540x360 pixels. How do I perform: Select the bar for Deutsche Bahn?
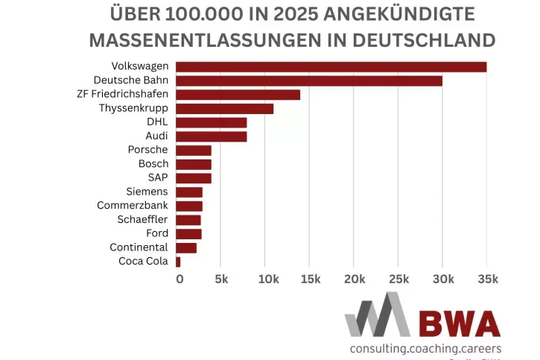[x=309, y=80]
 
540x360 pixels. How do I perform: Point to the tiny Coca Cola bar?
[x=178, y=262]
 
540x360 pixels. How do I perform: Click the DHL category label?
[x=157, y=122]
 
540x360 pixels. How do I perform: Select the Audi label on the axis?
[x=156, y=136]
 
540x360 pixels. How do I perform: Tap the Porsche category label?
[x=147, y=150]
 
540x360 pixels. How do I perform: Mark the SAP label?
[x=158, y=177]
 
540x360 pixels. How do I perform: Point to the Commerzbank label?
[x=133, y=206]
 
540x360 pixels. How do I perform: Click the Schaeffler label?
[x=142, y=220]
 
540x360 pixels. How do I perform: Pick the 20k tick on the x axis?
[x=355, y=279]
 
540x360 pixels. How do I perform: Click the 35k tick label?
[x=486, y=279]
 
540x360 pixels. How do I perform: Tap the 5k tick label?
[x=222, y=279]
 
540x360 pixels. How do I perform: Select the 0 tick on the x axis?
[x=180, y=279]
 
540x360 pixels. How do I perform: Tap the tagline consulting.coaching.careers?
[x=425, y=348]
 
